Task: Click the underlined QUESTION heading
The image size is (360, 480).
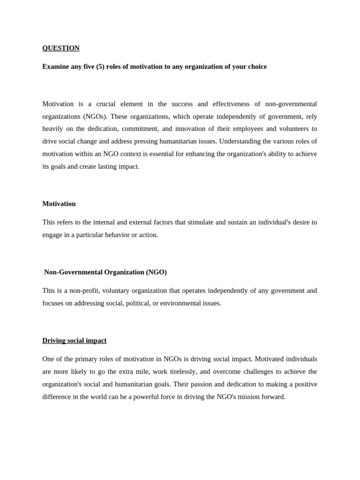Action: click(61, 48)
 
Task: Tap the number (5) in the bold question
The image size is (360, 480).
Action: click(100, 67)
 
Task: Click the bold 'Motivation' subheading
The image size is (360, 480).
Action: click(59, 204)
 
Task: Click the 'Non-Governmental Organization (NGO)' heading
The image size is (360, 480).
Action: click(105, 272)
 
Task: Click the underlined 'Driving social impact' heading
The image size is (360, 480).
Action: click(75, 341)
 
